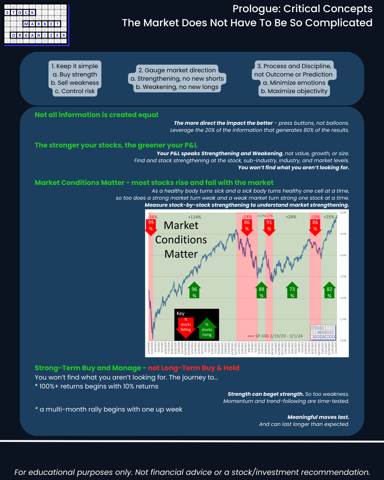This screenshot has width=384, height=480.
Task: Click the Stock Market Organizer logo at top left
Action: tap(36, 24)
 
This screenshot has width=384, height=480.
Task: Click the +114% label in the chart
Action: tap(195, 217)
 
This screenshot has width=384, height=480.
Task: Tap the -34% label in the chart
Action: tap(153, 217)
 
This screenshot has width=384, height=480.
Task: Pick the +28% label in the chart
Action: tap(291, 217)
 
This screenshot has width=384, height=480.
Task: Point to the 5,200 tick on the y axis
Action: tap(343, 213)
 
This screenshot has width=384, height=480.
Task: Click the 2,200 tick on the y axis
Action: tap(343, 340)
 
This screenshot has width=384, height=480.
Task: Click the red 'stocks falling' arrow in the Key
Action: tap(186, 327)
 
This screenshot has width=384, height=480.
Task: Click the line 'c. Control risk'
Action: tap(75, 91)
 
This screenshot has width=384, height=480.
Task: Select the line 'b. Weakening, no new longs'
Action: tap(177, 87)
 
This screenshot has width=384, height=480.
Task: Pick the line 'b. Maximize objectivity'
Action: tap(294, 91)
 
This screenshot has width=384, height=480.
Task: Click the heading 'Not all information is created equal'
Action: tap(96, 115)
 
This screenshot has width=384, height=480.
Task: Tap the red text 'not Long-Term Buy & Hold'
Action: tap(194, 368)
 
